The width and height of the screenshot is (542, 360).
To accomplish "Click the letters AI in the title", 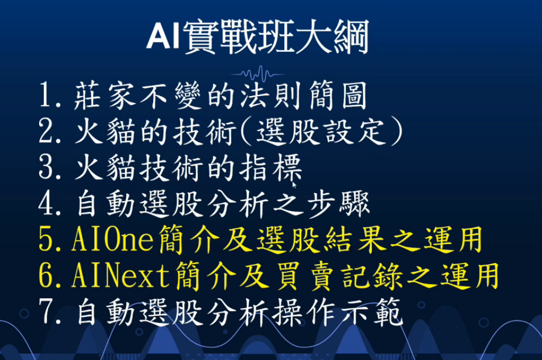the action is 164,36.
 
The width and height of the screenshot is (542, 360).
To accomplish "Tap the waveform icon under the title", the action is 258,74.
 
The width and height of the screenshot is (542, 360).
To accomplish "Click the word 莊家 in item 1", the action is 105,96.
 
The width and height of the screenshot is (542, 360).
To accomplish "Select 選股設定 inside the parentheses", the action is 321,132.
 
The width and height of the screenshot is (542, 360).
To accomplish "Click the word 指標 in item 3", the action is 271,168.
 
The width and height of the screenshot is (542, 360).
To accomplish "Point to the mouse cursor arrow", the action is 294,185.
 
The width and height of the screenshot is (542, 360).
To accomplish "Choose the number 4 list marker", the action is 46,203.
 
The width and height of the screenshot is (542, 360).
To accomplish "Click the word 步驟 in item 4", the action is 339,205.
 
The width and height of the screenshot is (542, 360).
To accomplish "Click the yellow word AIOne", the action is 112,239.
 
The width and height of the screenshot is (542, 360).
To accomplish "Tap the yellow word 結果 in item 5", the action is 355,239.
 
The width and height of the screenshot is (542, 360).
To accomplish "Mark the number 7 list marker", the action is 46,311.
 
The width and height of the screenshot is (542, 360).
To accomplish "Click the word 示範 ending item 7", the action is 372,313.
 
